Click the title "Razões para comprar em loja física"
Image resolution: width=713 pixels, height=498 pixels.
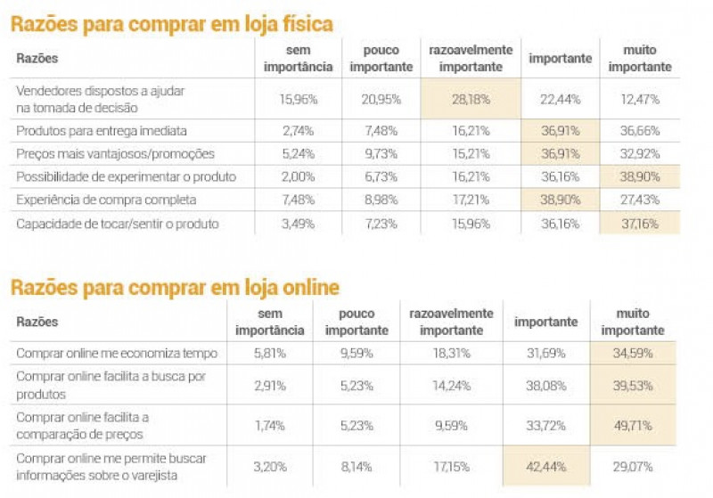pyautogui.click(x=172, y=24)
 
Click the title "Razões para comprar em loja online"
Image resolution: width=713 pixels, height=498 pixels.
pyautogui.click(x=175, y=288)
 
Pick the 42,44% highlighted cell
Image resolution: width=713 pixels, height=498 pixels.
pyautogui.click(x=545, y=465)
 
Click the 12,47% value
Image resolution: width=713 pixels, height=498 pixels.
pyautogui.click(x=638, y=98)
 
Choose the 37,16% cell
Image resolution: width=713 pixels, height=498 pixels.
pyautogui.click(x=638, y=223)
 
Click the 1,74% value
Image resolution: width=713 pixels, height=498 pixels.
pyautogui.click(x=269, y=426)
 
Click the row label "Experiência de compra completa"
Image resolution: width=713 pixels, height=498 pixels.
pyautogui.click(x=106, y=200)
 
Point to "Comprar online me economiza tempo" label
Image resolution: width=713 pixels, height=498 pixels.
pyautogui.click(x=117, y=354)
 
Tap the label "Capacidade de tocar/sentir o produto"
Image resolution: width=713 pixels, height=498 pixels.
pyautogui.click(x=117, y=223)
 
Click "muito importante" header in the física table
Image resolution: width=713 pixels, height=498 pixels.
pyautogui.click(x=638, y=58)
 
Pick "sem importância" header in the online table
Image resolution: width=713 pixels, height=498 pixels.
pyautogui.click(x=269, y=322)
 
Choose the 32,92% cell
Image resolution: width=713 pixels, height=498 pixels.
pyautogui.click(x=638, y=153)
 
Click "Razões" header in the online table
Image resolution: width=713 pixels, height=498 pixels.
pyautogui.click(x=37, y=322)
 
